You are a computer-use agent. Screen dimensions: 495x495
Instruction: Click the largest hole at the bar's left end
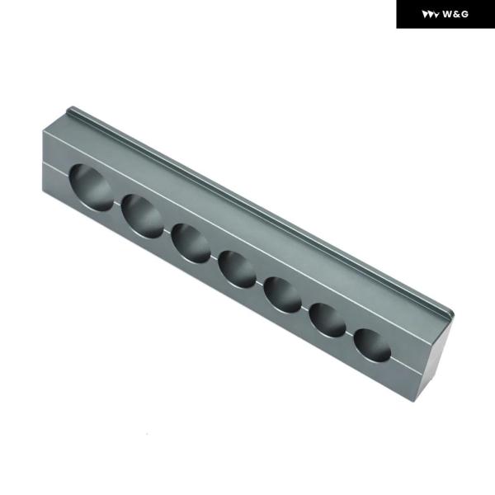click(x=91, y=187)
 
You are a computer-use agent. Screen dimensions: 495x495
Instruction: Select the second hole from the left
click(x=142, y=216)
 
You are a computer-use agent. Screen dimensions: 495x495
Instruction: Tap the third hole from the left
click(x=191, y=243)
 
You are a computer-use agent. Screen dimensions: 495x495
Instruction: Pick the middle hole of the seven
click(x=238, y=269)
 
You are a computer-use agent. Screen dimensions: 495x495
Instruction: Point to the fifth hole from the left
click(x=283, y=295)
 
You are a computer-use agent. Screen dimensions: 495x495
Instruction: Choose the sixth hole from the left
click(x=328, y=320)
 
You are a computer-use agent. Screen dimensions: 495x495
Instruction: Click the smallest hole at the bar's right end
click(x=373, y=345)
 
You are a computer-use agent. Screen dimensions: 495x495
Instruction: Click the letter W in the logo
click(x=448, y=14)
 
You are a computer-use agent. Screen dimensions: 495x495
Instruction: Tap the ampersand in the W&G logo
click(x=458, y=14)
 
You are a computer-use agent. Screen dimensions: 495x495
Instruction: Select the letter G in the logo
click(x=465, y=14)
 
